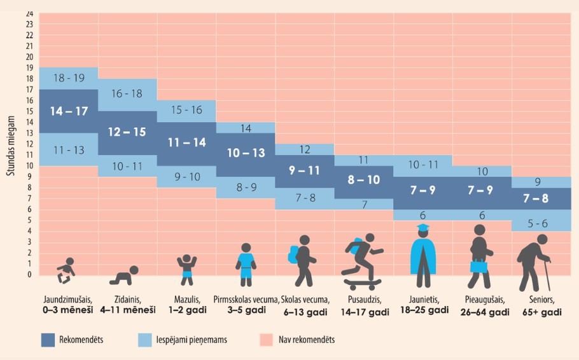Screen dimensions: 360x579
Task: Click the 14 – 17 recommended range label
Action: tap(68, 111)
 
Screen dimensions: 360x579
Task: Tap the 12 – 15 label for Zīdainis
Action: tap(127, 132)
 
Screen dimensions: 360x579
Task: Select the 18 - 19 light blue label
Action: tap(68, 78)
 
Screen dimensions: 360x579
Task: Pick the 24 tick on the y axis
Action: tap(29, 13)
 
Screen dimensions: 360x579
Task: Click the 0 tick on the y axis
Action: tap(29, 275)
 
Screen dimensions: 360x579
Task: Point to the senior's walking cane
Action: tap(547, 273)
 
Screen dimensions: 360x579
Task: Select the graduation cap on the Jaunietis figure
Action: tap(422, 227)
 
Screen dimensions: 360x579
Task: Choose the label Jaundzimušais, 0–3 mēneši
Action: tap(69, 306)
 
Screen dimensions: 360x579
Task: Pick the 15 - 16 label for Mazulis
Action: tap(186, 110)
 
